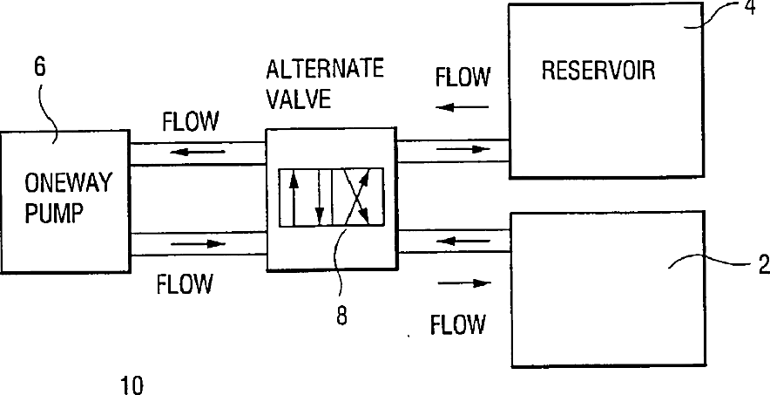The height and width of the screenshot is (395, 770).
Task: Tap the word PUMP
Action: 55,213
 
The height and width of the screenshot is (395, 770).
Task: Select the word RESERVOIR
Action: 598,70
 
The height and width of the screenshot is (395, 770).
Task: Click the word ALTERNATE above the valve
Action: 325,69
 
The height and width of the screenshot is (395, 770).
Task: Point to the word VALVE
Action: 299,98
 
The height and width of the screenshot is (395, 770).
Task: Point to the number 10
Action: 132,385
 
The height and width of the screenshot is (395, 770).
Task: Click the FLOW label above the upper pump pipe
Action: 190,120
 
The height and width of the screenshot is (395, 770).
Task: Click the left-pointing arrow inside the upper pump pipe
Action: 193,149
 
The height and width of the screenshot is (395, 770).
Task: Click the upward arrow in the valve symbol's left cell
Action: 294,197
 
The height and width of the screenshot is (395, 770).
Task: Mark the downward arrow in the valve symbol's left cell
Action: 320,197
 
